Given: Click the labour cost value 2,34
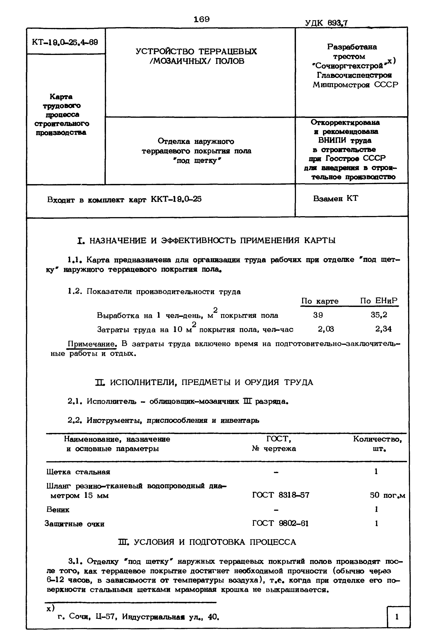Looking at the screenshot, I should coord(383,329).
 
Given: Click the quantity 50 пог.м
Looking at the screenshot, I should coord(387,495).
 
